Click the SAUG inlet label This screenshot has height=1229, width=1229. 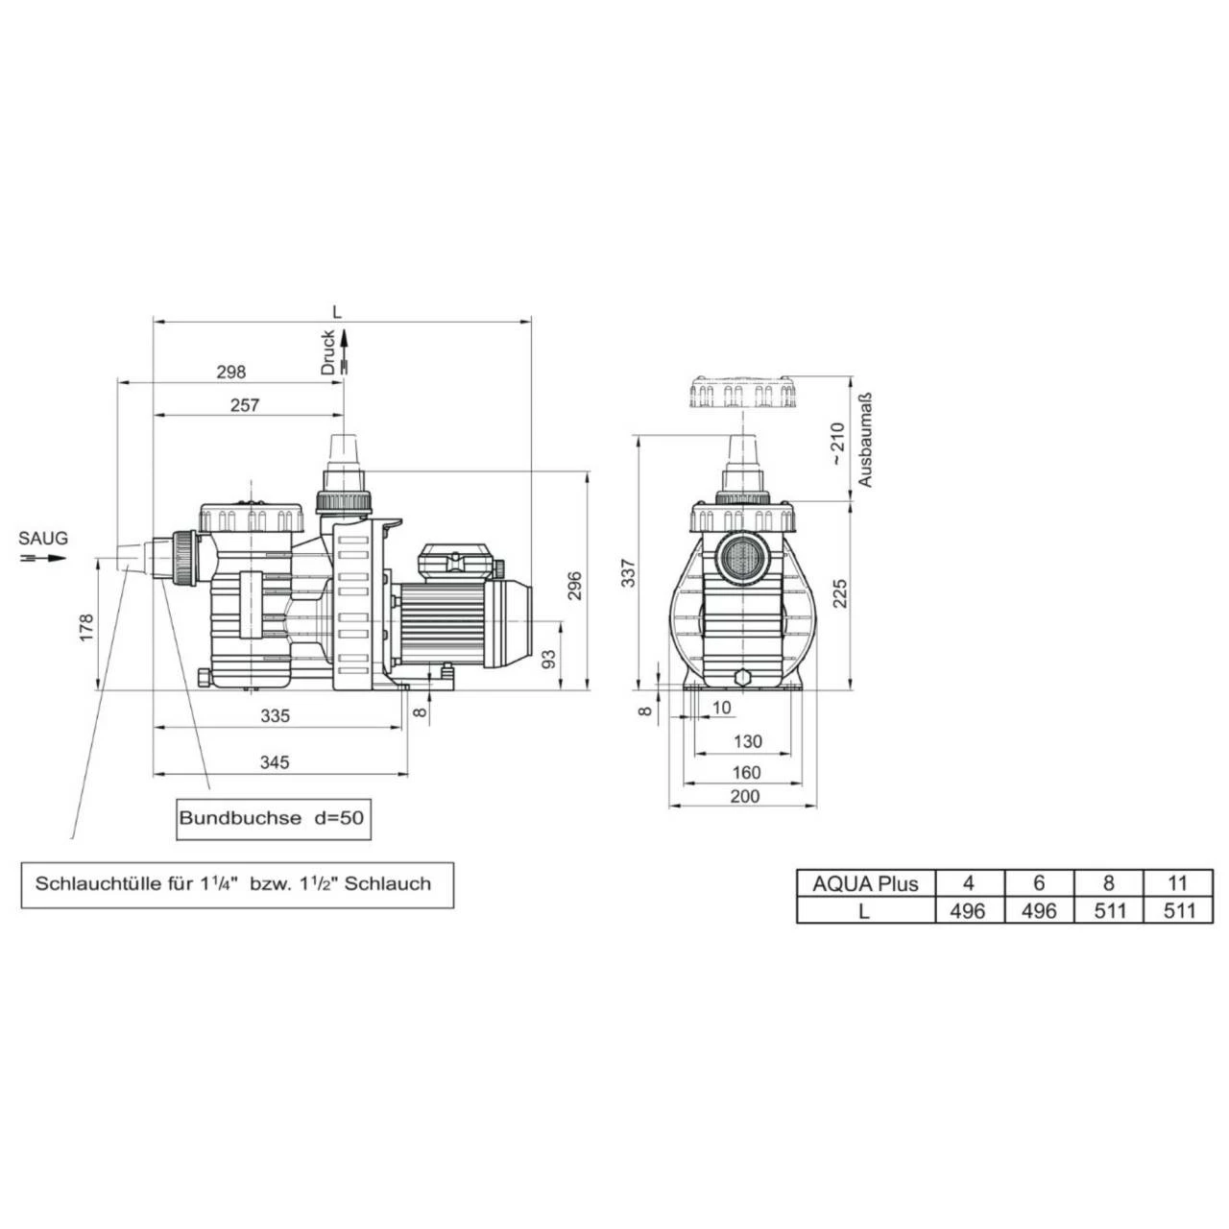click(x=44, y=539)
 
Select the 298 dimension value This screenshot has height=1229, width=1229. click(x=230, y=372)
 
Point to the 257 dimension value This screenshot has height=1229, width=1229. click(x=245, y=405)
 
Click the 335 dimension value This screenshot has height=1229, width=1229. click(x=275, y=715)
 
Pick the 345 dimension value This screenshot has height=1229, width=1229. click(x=275, y=762)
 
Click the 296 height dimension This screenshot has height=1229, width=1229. click(x=574, y=585)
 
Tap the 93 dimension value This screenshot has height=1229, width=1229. click(x=549, y=659)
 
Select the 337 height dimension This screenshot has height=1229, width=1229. click(x=630, y=573)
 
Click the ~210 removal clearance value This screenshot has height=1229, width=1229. click(x=837, y=444)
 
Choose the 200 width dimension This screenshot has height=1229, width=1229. click(x=745, y=795)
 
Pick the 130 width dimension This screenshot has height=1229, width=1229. click(x=747, y=741)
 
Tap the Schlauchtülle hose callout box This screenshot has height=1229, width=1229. click(x=237, y=883)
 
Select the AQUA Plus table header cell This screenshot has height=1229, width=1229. click(x=865, y=884)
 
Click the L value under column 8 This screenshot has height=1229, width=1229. click(x=1109, y=910)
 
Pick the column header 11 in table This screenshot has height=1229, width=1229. click(x=1179, y=884)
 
